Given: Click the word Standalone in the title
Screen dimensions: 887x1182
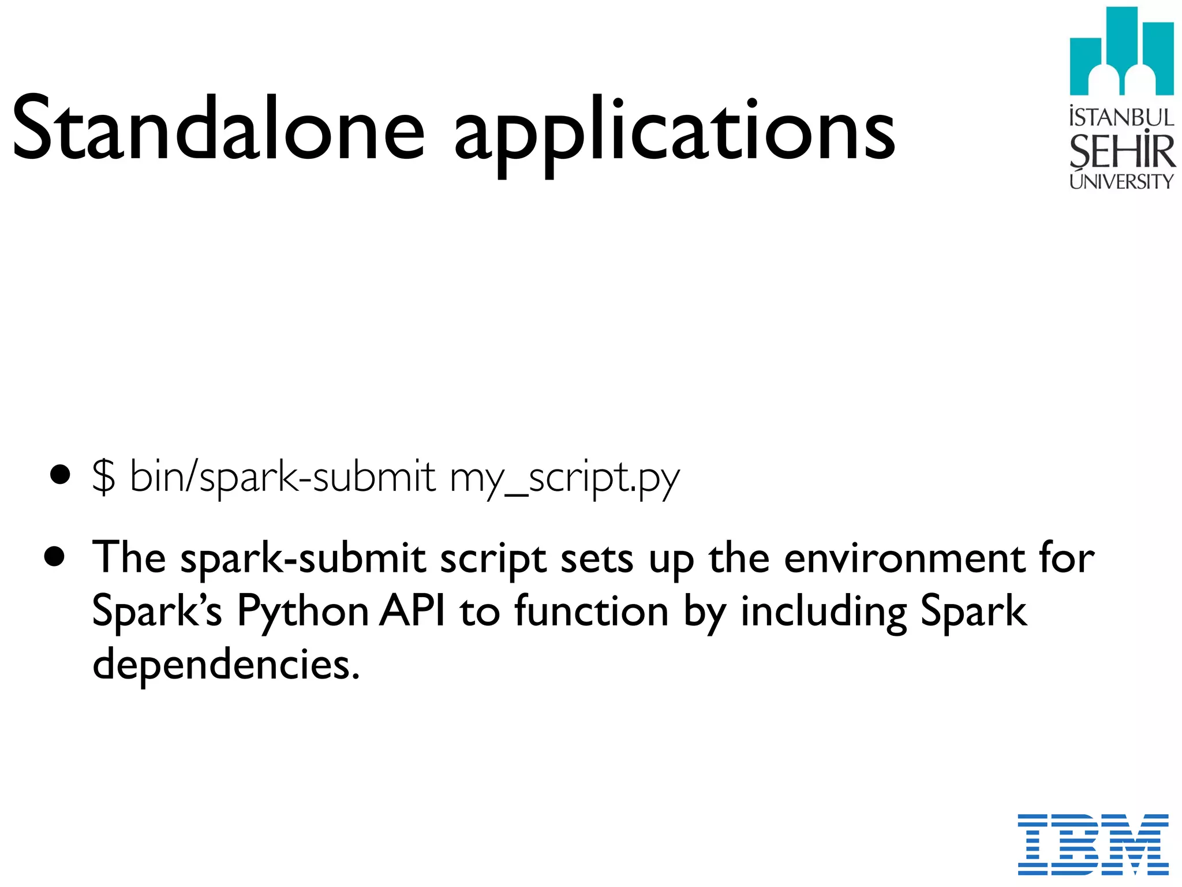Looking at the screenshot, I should coord(218,128).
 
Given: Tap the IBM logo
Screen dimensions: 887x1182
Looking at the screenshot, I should coord(1093,844).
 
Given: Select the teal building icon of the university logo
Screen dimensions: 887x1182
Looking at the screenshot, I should coord(1121,52).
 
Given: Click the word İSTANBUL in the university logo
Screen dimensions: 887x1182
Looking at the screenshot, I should coord(1121,117).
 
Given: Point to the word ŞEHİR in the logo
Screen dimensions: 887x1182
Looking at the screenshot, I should coord(1121,151).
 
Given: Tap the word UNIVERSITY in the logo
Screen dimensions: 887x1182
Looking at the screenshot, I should coord(1121,181).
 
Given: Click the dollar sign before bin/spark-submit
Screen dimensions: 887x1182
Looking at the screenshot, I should coord(103,477).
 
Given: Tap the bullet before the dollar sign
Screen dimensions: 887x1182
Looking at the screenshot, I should coord(60,476).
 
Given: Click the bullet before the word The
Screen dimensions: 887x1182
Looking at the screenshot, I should coord(55,558).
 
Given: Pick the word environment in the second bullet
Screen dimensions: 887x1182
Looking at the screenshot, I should coord(904,559).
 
